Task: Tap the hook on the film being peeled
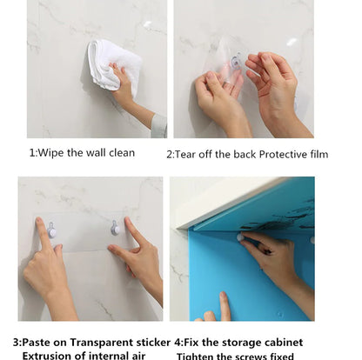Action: click(x=236, y=61)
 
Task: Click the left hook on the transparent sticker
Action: click(x=53, y=231)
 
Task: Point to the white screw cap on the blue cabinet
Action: click(x=241, y=237)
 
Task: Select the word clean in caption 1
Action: click(x=121, y=152)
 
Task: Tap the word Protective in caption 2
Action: click(x=280, y=154)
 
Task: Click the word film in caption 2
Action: click(x=318, y=154)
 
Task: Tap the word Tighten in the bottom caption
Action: click(x=198, y=356)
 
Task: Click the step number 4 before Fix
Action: click(x=178, y=343)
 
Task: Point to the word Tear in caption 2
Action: click(x=188, y=154)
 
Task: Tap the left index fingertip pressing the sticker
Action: click(x=40, y=223)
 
